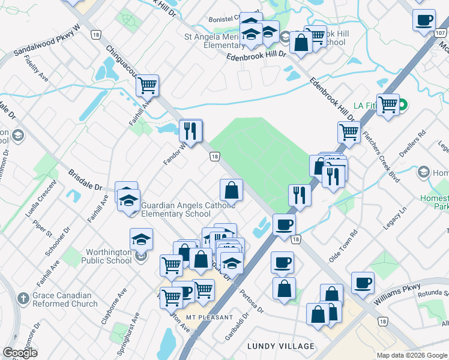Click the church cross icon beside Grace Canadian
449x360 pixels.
pyautogui.click(x=23, y=298)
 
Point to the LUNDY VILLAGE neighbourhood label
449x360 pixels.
pyautogui.click(x=281, y=346)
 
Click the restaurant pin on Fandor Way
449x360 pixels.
pyautogui.click(x=191, y=131)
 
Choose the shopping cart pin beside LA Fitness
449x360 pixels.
pyautogui.click(x=388, y=105)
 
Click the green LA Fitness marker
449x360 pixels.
pyautogui.click(x=404, y=106)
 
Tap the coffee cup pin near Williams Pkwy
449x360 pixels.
pyautogui.click(x=362, y=282)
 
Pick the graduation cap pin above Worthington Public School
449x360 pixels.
pyautogui.click(x=141, y=239)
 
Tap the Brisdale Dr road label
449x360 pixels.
pyautogui.click(x=84, y=179)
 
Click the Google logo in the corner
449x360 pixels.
pyautogui.click(x=20, y=353)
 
